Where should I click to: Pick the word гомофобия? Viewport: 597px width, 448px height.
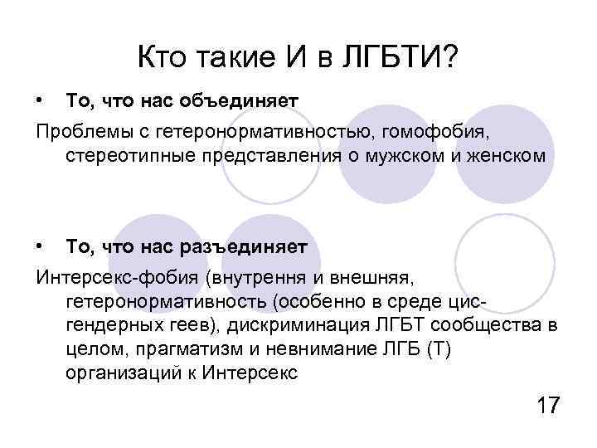pyautogui.click(x=465, y=130)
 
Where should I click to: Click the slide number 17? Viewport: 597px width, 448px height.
pyautogui.click(x=549, y=406)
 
